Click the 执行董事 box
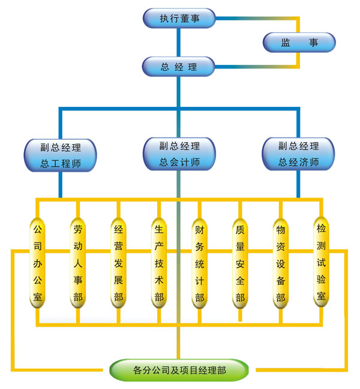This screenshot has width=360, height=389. pos(179,18)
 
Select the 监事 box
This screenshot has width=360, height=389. pos(299,43)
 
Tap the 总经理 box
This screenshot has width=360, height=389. pos(179,67)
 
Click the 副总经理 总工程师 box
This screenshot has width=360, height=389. pos(60,154)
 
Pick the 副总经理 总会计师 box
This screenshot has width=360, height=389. pos(179,154)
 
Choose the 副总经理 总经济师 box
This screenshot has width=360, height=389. pos(299,154)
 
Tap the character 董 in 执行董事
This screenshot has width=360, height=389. pos(185,19)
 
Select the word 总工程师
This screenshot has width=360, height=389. pos(60,163)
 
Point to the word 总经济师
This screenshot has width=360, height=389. pos(299,162)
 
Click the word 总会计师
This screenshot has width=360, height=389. pos(179,162)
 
